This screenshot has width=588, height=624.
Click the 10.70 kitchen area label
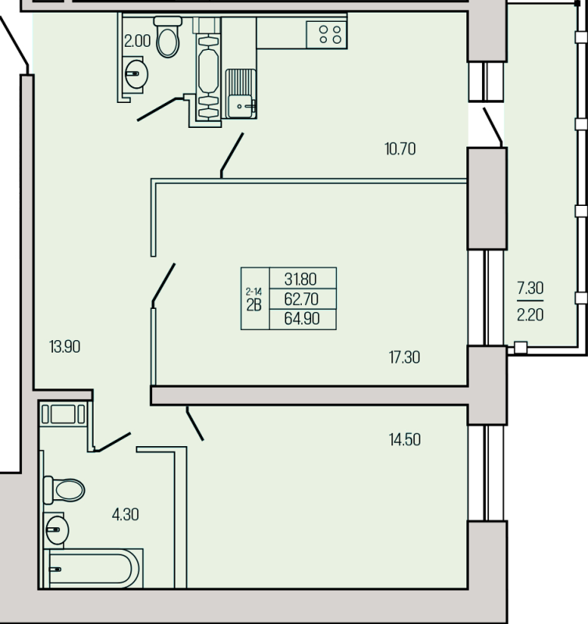pyautogui.click(x=400, y=149)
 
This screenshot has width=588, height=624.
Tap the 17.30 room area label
pyautogui.click(x=404, y=357)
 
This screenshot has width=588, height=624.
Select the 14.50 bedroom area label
pyautogui.click(x=405, y=440)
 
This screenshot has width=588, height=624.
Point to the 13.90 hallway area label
pyautogui.click(x=65, y=346)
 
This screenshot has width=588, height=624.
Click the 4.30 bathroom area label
pyautogui.click(x=126, y=515)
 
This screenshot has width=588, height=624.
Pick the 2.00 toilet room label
pyautogui.click(x=137, y=41)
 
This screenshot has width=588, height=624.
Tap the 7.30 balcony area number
pyautogui.click(x=530, y=288)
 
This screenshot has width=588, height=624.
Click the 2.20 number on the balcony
pyautogui.click(x=530, y=315)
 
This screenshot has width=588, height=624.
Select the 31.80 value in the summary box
pyautogui.click(x=300, y=279)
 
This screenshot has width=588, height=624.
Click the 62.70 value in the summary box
pyautogui.click(x=301, y=299)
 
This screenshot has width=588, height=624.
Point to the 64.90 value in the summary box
pyautogui.click(x=302, y=319)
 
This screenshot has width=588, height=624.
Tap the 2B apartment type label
pyautogui.click(x=253, y=305)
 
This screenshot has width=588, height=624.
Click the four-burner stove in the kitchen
pyautogui.click(x=327, y=34)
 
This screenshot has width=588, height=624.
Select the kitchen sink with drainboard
pyautogui.click(x=241, y=94)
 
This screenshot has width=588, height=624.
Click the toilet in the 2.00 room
pyautogui.click(x=168, y=37)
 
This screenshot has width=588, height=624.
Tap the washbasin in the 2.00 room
pyautogui.click(x=134, y=74)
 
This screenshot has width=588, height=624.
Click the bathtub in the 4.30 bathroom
pyautogui.click(x=93, y=569)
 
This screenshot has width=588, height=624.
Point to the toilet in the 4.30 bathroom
pyautogui.click(x=64, y=490)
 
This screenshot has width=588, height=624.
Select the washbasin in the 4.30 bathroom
pyautogui.click(x=55, y=530)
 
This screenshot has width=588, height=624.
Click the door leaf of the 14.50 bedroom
pyautogui.click(x=195, y=424)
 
